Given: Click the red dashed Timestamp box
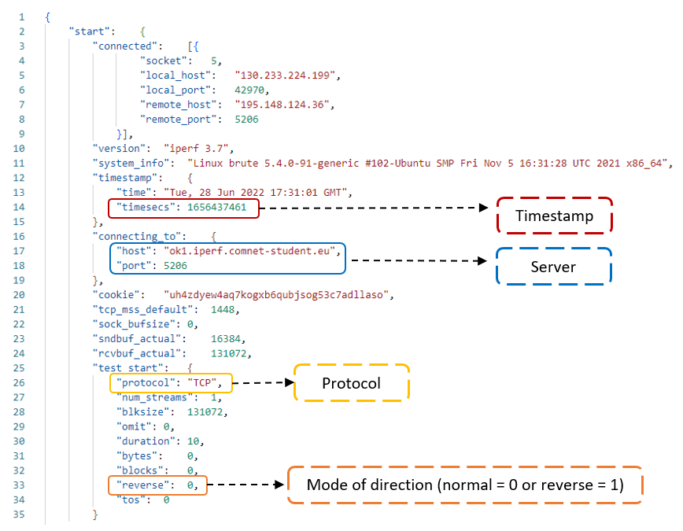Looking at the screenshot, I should click(554, 216).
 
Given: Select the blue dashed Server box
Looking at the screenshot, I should click(554, 267).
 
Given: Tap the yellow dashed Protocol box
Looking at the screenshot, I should click(351, 384).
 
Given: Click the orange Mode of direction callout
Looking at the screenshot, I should click(465, 485).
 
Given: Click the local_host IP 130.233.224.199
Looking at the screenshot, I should click(286, 75).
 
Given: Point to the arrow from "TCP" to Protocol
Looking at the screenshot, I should click(264, 384).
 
